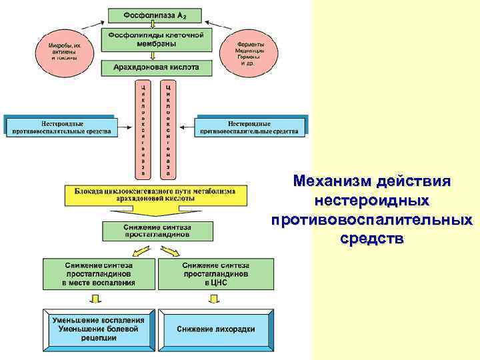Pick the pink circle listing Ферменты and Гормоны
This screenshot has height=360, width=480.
(x=250, y=48)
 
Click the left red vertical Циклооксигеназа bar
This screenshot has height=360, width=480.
(x=142, y=129)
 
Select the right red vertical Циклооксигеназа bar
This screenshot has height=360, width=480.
(x=167, y=129)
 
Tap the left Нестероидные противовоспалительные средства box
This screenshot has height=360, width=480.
(x=62, y=127)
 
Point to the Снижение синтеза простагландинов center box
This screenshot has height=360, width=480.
(x=157, y=231)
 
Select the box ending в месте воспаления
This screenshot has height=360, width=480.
(x=99, y=273)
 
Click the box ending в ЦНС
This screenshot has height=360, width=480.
(x=216, y=273)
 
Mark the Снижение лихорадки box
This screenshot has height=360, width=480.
(x=216, y=329)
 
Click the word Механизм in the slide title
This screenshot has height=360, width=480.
(x=332, y=181)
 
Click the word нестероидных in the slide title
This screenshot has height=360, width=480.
(x=372, y=200)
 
